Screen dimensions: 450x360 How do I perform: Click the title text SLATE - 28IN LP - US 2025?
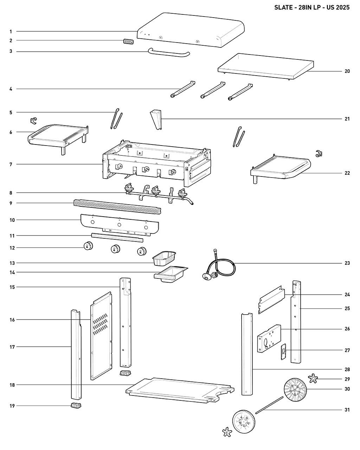[312, 8]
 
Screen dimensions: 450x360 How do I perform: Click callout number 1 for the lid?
[11, 32]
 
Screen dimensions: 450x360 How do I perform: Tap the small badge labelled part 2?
[128, 41]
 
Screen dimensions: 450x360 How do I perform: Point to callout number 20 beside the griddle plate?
[347, 71]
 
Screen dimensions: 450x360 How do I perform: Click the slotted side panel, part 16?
[101, 337]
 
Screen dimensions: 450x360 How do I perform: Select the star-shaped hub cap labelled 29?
[313, 378]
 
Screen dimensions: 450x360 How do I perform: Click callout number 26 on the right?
[347, 329]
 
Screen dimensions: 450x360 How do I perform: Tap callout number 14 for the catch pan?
[12, 272]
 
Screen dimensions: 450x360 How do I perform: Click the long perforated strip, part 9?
[117, 207]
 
